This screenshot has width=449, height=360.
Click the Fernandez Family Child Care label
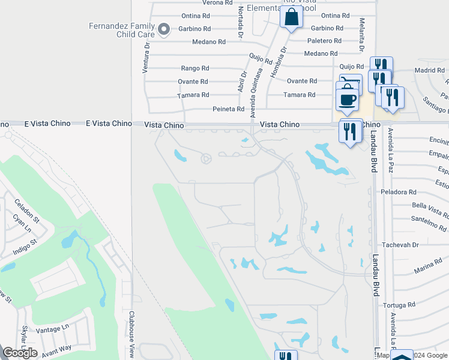tap(121, 30)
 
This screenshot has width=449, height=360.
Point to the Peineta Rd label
tap(229, 109)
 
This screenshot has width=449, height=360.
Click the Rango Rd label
tap(195, 68)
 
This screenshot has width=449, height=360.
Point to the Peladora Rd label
tap(398, 192)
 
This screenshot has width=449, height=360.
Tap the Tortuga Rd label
tap(402, 304)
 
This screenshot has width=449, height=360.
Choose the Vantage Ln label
tap(52, 329)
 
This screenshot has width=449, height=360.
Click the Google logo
tap(20, 353)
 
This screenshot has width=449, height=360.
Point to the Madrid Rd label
tap(430, 70)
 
